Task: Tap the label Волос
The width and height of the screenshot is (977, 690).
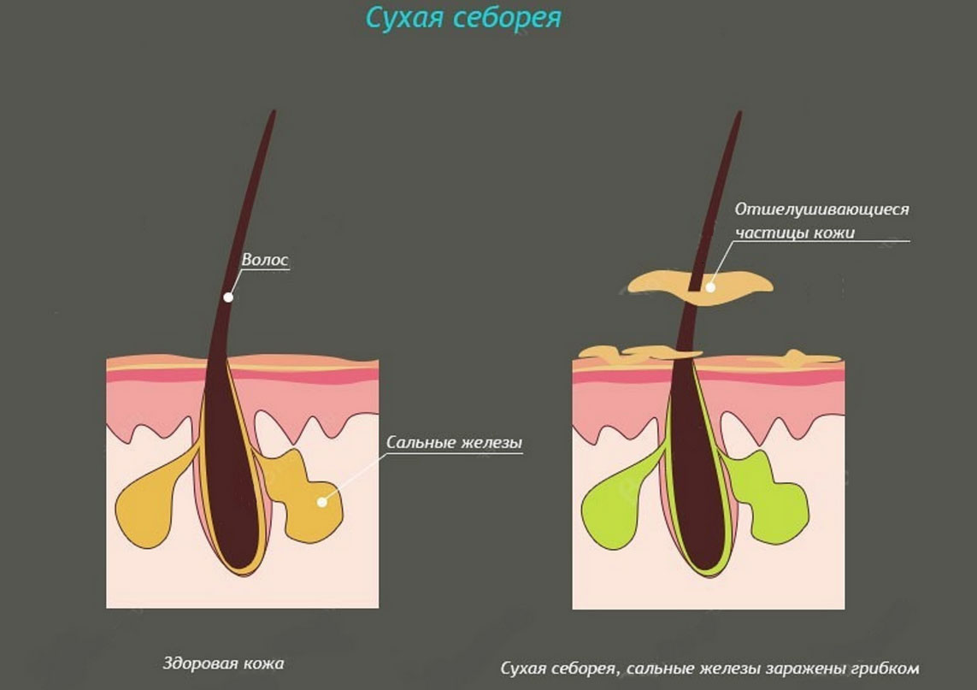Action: click(x=266, y=258)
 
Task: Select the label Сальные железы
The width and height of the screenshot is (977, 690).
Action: click(x=454, y=443)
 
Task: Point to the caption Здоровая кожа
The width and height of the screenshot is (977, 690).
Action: click(x=222, y=663)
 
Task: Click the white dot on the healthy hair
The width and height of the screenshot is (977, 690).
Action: click(x=228, y=298)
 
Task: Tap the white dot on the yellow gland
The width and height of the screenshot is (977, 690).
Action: click(x=322, y=501)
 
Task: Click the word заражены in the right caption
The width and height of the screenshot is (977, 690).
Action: click(x=786, y=667)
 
